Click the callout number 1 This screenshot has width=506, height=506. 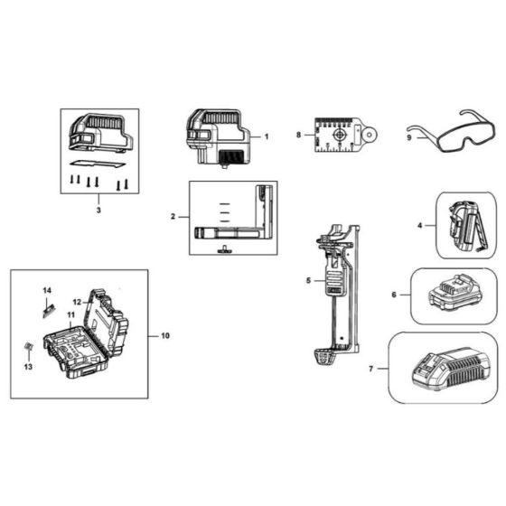pos(267,136)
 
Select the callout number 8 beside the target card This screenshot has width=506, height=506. pos(298,135)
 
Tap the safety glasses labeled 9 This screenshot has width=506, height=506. pos(450,131)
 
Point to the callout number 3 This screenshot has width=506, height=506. pos(98,210)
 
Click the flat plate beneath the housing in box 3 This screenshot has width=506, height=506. pos(98,164)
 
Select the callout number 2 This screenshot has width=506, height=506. pos(173,217)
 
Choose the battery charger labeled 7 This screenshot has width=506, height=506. pos(450,369)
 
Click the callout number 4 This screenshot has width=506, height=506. pos(420,225)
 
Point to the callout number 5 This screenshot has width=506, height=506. pos(308,281)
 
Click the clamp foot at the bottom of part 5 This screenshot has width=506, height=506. pos(324,356)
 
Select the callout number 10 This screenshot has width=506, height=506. pos(165,336)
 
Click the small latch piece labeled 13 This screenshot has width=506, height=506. pos(29,347)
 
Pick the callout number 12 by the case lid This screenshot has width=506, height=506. pos(77,303)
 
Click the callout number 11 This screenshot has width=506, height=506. pos(71,314)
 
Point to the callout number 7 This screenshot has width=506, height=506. pos(371,369)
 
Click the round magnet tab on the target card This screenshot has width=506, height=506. pos(370,134)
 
